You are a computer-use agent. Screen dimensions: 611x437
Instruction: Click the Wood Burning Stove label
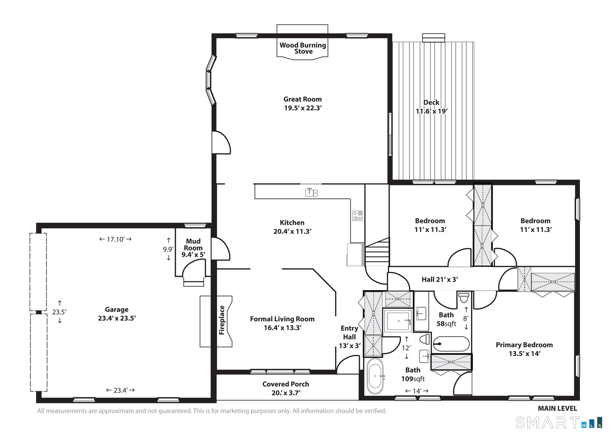pos(303,48)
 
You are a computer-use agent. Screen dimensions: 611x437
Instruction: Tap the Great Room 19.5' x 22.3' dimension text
pos(303,108)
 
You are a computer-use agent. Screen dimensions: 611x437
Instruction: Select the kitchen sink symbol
pos(311,193)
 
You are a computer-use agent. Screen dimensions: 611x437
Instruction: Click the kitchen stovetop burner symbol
pos(357,216)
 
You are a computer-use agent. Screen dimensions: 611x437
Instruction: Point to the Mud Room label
pos(193,244)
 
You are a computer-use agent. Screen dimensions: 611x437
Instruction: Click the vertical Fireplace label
pos(221,320)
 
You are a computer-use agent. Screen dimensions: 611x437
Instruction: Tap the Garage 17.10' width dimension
pos(116,239)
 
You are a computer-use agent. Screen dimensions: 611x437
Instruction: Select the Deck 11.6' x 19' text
pos(432,107)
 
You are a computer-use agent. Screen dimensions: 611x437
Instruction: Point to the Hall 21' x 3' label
pos(440,280)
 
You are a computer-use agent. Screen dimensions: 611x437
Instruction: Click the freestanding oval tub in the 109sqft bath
pos(375,376)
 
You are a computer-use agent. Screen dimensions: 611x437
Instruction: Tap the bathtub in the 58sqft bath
pos(451,344)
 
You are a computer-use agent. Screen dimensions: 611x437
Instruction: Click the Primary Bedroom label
pos(524,345)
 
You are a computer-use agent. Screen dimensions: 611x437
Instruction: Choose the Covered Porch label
pos(286,384)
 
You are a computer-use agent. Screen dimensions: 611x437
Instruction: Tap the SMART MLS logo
pos(558,423)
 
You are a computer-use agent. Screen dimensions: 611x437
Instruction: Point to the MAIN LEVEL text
pos(558,409)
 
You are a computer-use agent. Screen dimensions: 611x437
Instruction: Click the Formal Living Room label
pos(282,319)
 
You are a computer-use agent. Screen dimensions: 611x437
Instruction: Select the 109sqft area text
pos(413,379)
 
